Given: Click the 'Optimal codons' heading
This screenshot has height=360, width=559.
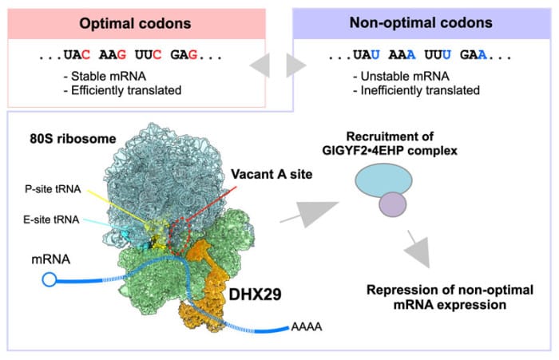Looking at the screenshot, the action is click(x=135, y=24).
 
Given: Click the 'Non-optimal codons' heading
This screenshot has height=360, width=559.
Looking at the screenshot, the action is click(x=421, y=23).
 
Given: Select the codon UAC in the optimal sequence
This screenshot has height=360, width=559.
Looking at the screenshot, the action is click(x=77, y=55).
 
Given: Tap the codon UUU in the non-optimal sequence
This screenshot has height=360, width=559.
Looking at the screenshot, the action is click(x=438, y=55).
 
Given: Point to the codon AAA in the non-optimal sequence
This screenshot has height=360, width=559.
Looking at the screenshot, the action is click(x=402, y=55).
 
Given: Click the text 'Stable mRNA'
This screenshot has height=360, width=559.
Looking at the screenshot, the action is click(x=109, y=77).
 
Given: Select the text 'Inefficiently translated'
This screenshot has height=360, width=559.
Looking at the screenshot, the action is click(x=420, y=90).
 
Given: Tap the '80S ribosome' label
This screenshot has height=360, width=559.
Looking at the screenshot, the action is click(x=73, y=139).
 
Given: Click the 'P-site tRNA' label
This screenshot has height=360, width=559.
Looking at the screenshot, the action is click(x=53, y=189).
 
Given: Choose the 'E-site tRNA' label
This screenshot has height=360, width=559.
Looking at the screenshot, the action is click(x=51, y=220).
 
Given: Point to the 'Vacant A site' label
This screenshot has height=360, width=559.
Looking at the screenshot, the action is click(x=272, y=174).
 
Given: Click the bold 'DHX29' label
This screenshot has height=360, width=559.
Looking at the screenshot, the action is click(x=255, y=295).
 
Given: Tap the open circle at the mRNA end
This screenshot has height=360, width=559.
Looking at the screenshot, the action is click(x=50, y=279).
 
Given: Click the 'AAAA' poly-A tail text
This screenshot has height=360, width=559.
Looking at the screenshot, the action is click(x=307, y=326).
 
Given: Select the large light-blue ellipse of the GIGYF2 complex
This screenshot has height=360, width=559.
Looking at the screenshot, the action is click(x=383, y=180).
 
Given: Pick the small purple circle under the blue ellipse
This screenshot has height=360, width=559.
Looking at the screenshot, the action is click(x=393, y=204).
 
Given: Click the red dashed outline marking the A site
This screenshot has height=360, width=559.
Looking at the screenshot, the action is click(x=170, y=236).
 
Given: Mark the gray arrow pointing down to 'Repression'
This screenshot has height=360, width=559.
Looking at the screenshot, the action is click(x=419, y=249).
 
